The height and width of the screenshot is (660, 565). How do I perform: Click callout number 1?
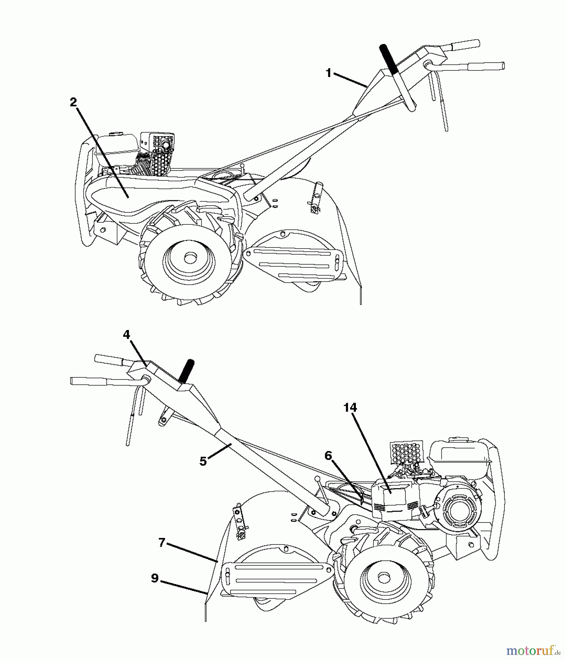pos(329,73)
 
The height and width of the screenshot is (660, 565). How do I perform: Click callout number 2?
pos(73,102)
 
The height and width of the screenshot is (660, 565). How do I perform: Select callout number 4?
pos(126,334)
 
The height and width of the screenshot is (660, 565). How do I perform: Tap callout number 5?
pos(203,461)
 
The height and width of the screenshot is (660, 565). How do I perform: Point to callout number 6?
pos(328,456)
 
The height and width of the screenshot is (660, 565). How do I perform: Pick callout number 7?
pos(162,542)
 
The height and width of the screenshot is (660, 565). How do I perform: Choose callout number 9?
pos(155,578)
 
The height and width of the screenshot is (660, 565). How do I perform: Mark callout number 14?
pos(350,407)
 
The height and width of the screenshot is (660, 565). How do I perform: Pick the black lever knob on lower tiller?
pos(189,371)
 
